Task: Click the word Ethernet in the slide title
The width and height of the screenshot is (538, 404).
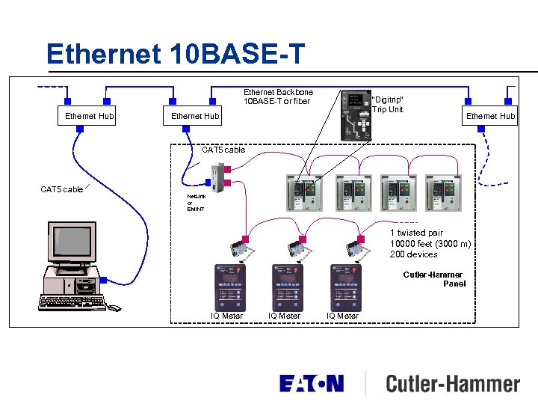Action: point(103,54)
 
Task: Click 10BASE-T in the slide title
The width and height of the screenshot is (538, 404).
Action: point(237,54)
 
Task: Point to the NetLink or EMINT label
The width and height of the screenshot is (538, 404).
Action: point(195,202)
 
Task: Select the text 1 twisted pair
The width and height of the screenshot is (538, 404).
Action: point(416,233)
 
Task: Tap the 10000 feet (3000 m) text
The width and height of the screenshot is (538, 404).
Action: point(430,244)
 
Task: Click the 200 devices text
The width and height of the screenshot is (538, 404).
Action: point(413,254)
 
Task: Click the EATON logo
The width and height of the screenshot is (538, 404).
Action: point(312,384)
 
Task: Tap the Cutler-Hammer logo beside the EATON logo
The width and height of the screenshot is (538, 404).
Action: point(452,385)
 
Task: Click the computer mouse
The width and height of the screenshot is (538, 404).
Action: point(113,307)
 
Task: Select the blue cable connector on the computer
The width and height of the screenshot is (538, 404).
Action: point(103,281)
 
